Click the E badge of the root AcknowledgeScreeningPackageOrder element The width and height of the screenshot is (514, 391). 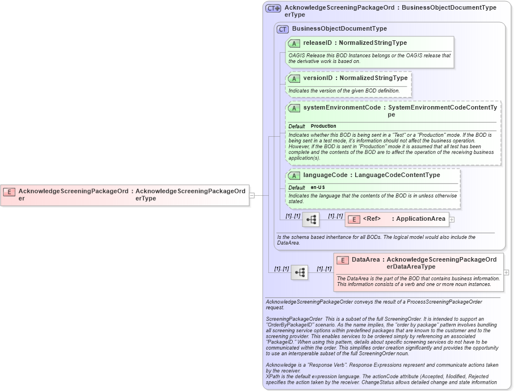pos(9,192)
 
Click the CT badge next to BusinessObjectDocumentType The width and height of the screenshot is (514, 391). pos(283,29)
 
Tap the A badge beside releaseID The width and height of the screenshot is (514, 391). pos(294,43)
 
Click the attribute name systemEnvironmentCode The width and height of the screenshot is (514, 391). pos(342,107)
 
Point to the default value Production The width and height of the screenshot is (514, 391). pos(323,126)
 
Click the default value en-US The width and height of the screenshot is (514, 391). pos(318,187)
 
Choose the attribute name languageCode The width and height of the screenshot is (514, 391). pos(325,175)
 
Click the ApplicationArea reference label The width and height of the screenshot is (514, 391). pos(420,218)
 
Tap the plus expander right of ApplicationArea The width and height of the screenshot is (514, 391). pos(452,218)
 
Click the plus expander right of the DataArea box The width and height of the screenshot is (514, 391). pos(506,272)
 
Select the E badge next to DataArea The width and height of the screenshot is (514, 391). pos(342,260)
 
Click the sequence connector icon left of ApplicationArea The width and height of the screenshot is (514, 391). pos(311,220)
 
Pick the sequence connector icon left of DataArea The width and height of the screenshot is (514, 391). pos(300,272)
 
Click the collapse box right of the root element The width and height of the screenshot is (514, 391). pos(252,195)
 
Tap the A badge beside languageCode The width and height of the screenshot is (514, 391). pos(294,175)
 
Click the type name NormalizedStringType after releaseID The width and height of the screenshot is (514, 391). pos(373,43)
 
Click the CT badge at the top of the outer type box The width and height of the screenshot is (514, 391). pos(273,9)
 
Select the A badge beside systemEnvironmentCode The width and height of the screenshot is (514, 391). pos(294,108)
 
